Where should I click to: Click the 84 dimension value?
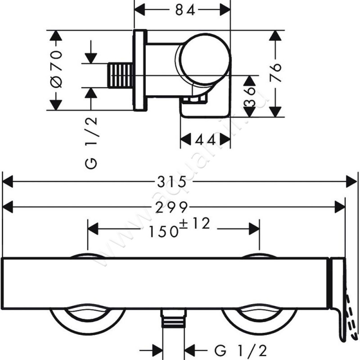183,10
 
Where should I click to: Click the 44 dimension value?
205,140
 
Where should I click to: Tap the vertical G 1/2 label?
92,142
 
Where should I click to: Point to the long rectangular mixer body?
166,284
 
